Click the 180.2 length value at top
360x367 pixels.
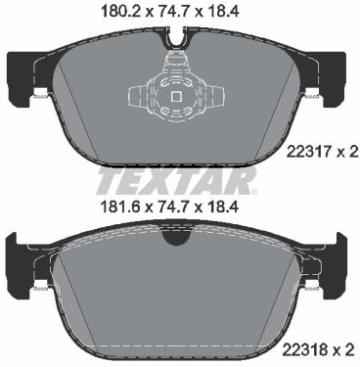pyautogui.click(x=120, y=12)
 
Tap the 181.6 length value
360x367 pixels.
pyautogui.click(x=120, y=206)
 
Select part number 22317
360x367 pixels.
pyautogui.click(x=308, y=153)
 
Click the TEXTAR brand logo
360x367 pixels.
pyautogui.click(x=176, y=181)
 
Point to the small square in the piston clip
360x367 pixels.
pyautogui.click(x=176, y=97)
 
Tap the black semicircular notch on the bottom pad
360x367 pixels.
pyautogui.click(x=176, y=237)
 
